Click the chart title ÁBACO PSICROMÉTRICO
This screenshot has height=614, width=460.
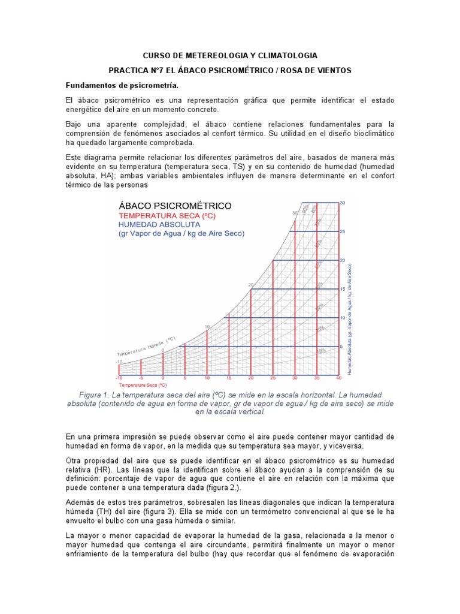tap(175, 206)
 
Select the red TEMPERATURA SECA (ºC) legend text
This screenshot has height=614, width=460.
tap(167, 215)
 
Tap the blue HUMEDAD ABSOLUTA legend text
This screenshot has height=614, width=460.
tap(159, 224)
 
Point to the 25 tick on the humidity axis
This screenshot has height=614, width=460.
tap(343, 231)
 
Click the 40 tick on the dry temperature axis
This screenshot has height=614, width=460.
tap(338, 378)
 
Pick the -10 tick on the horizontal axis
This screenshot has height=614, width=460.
tap(119, 378)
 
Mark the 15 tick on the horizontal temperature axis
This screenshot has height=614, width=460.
tap(229, 378)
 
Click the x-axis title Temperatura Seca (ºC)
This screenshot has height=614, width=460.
tap(143, 385)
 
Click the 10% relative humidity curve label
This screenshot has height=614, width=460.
tap(322, 351)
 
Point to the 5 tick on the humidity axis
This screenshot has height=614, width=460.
tap(341, 346)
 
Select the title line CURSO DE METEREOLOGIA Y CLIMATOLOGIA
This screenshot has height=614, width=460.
tap(229, 55)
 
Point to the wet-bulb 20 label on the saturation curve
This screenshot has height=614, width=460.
tap(251, 285)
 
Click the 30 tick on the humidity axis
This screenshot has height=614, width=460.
tap(343, 203)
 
